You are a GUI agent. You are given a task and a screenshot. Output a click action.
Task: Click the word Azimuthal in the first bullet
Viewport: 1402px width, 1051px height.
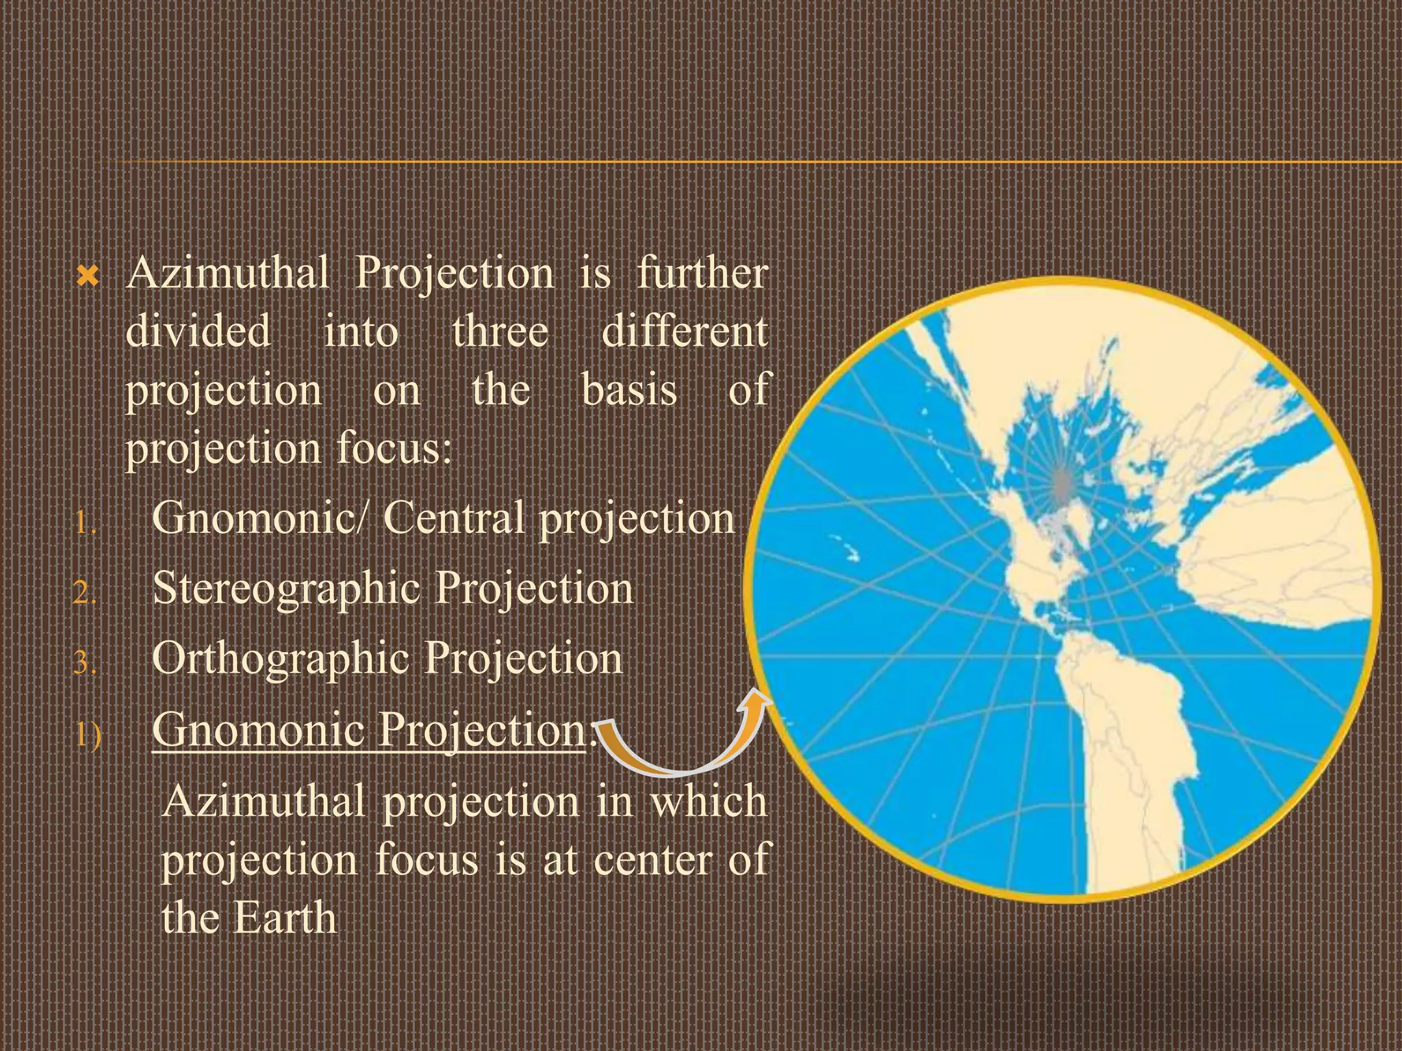coord(227,274)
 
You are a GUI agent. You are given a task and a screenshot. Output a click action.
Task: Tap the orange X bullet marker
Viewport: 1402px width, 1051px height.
coord(88,277)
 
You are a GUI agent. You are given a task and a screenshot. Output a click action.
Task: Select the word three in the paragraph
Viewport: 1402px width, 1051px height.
coord(500,332)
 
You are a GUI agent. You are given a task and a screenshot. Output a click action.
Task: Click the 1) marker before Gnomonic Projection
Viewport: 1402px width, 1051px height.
coord(88,735)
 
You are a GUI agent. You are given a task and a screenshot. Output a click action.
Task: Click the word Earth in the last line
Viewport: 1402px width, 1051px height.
coord(285,918)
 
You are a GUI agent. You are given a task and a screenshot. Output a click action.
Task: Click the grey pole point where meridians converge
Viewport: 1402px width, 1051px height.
coord(1062,482)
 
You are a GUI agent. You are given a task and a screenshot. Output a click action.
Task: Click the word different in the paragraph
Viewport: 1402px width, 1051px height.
coord(685,332)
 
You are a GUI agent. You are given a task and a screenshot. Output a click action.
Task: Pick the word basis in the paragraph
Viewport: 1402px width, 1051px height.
coord(629,390)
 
